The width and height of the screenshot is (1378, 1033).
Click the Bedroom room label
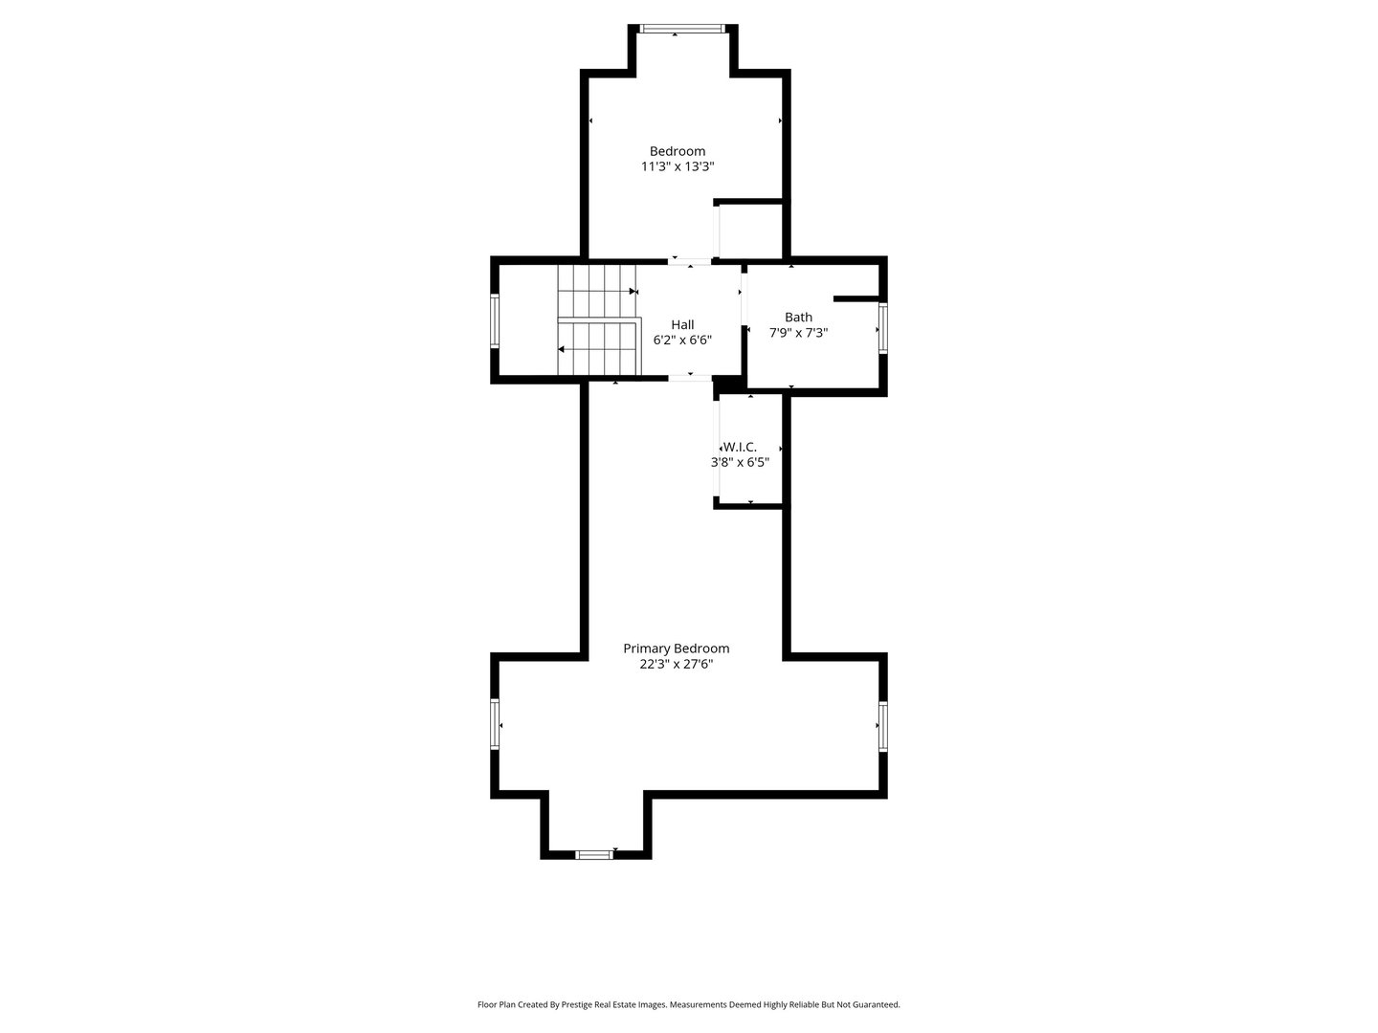point(678,151)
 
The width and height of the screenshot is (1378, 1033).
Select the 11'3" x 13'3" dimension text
point(678,166)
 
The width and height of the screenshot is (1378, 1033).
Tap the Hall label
point(682,324)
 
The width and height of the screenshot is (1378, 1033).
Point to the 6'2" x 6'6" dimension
point(682,340)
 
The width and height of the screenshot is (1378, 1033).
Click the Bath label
point(798,318)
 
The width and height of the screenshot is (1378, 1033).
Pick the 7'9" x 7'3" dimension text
point(798,333)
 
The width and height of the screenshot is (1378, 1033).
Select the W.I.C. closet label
point(741,447)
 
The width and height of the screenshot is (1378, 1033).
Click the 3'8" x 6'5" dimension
point(740,462)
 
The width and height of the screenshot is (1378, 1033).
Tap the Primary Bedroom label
point(677,648)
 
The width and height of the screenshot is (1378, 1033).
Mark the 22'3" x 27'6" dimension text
point(677,664)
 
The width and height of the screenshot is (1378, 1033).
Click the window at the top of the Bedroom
point(683,29)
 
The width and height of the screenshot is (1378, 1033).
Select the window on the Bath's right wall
point(882,328)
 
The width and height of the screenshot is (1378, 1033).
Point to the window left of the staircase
point(495,320)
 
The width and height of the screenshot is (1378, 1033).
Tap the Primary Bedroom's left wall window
point(495,724)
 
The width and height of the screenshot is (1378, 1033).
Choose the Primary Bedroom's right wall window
point(882,726)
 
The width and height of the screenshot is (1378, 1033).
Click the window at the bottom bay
point(593,854)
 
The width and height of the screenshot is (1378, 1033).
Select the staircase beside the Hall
point(597,320)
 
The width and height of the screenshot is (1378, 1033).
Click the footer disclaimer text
point(688,1004)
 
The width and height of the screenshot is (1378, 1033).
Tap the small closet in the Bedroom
point(751,231)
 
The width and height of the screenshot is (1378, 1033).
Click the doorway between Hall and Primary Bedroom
point(690,379)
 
